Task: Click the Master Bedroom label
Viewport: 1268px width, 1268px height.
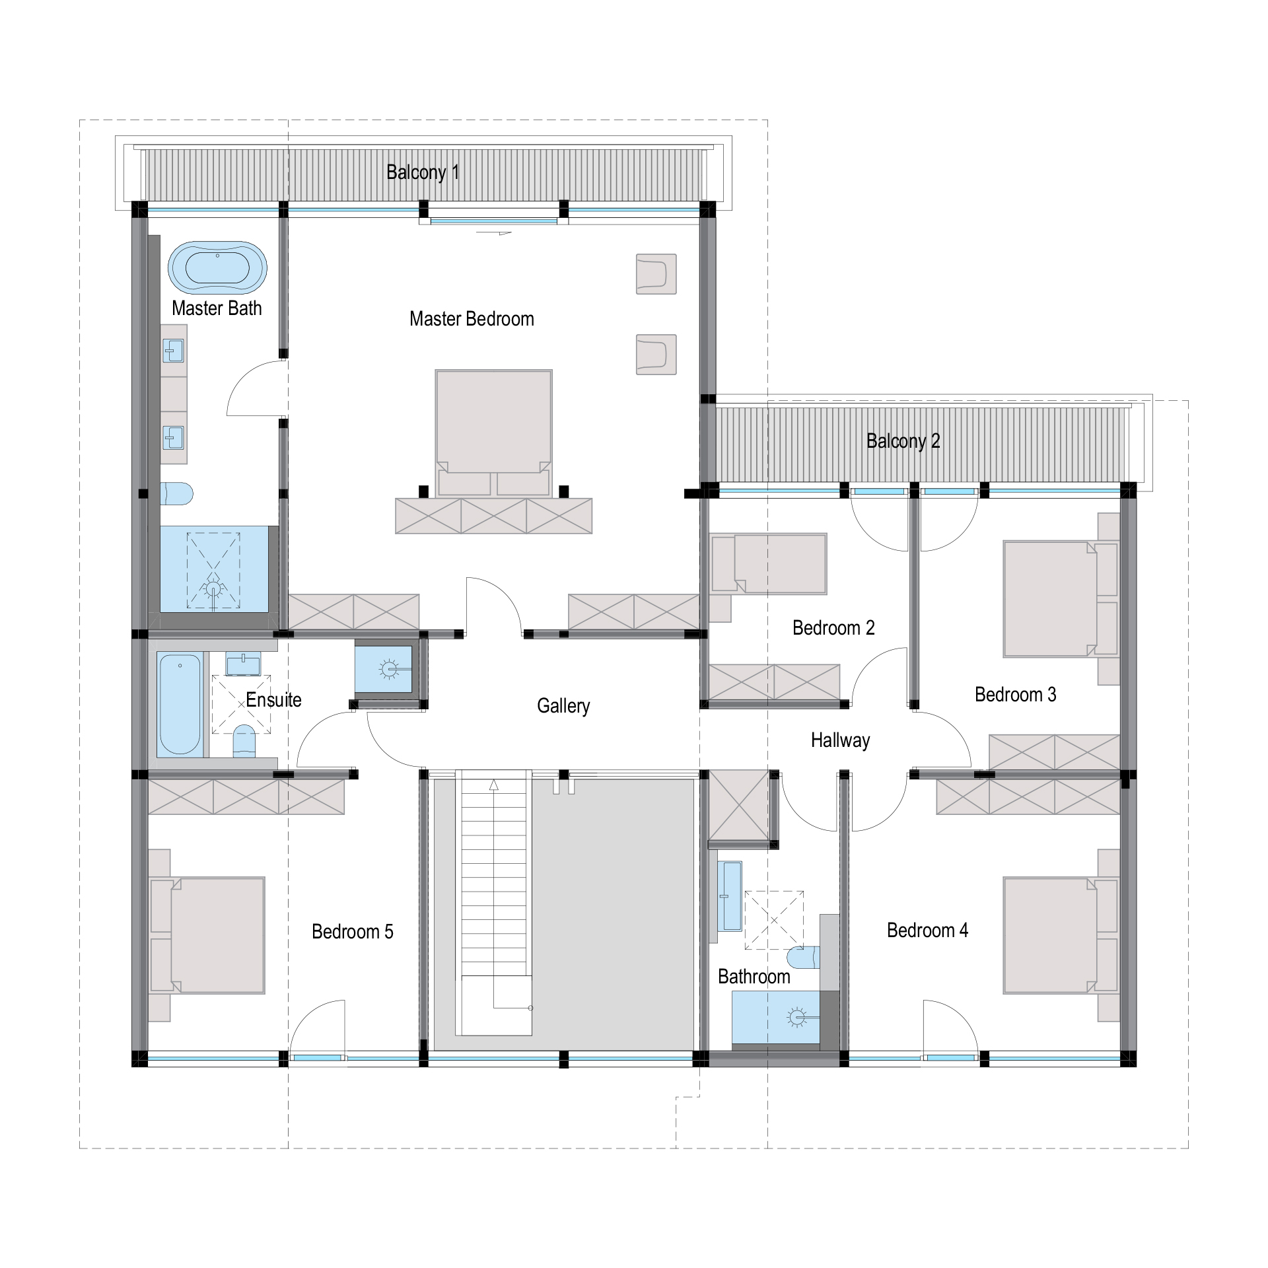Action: pos(472,319)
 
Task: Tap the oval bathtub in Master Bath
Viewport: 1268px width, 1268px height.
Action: pos(217,267)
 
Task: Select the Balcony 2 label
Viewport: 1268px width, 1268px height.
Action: pos(903,441)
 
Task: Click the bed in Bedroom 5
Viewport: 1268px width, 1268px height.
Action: pos(207,935)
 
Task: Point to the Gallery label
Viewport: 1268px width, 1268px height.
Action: pos(563,706)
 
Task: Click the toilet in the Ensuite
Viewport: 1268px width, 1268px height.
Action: pos(244,741)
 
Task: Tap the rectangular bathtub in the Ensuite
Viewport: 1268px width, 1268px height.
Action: pos(180,704)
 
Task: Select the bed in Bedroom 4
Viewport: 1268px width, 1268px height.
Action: pos(1061,935)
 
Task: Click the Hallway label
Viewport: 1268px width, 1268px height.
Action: pos(840,740)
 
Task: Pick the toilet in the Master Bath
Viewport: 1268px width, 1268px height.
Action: pos(176,494)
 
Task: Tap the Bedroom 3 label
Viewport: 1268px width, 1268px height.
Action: pos(1015,695)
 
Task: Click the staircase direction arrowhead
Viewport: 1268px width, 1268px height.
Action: pos(494,785)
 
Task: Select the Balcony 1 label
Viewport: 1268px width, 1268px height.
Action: pos(423,172)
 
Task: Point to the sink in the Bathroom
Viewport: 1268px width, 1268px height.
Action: pos(730,896)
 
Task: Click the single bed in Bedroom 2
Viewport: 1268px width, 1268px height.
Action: pos(769,564)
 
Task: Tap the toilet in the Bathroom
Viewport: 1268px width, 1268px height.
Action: pos(804,957)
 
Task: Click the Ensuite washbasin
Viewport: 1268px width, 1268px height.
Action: pos(243,664)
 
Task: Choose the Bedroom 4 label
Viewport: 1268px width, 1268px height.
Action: pos(927,931)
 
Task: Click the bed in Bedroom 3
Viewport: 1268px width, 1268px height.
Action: pos(1061,599)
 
